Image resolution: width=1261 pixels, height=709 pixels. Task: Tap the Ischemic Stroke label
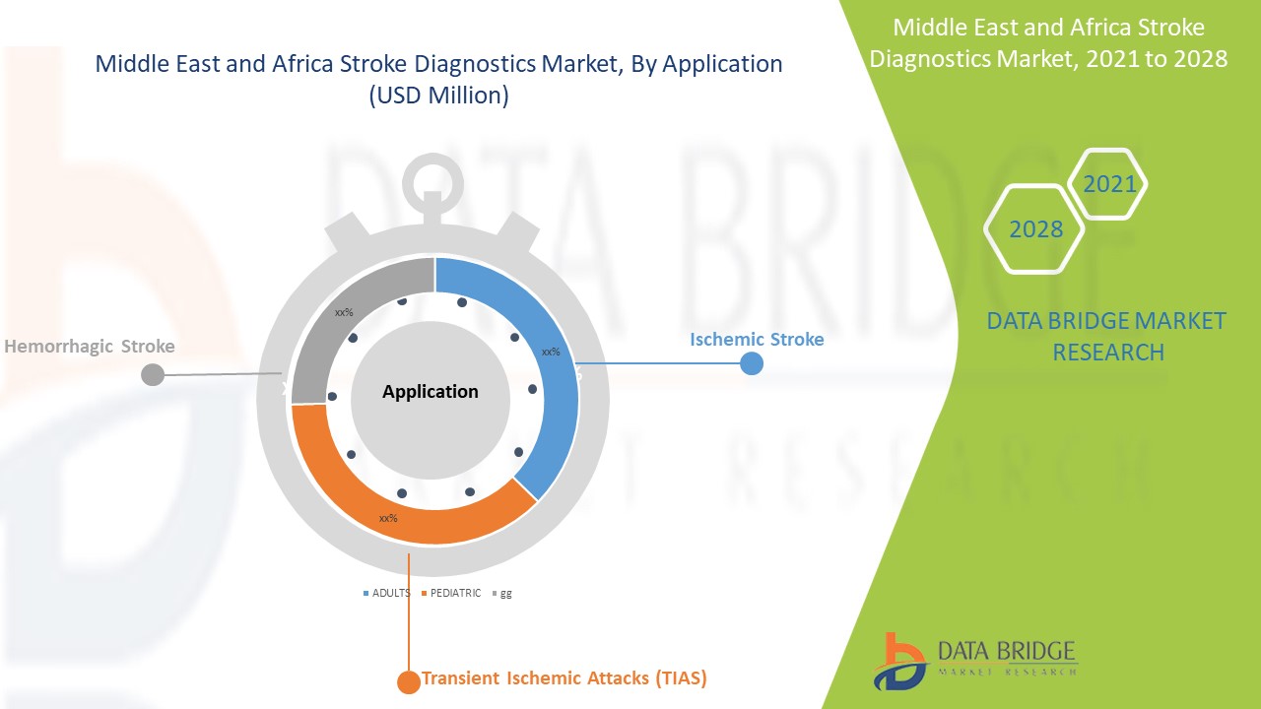(x=757, y=340)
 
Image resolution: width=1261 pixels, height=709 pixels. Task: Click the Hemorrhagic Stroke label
(x=90, y=347)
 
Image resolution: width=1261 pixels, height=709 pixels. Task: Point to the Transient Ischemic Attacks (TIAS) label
(x=564, y=678)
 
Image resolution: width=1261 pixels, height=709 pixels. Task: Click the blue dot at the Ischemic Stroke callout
(x=752, y=363)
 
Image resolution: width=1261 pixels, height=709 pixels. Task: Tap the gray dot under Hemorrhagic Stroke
(x=153, y=374)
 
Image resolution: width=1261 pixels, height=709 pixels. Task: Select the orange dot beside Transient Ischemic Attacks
(x=407, y=681)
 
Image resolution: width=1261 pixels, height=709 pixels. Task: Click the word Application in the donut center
(x=431, y=392)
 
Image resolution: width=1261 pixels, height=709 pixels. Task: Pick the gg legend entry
(x=501, y=594)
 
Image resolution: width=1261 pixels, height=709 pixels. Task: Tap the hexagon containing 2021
(x=1108, y=183)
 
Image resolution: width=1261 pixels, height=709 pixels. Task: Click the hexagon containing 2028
(x=1035, y=229)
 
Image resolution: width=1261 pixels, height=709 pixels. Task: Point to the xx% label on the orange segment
(x=388, y=518)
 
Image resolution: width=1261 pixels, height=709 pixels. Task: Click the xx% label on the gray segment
(x=344, y=312)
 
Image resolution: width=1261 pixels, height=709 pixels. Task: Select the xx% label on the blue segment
(x=551, y=352)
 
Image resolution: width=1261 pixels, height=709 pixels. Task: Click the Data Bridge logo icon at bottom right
(x=899, y=661)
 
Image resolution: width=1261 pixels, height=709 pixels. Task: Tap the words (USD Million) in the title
(x=438, y=97)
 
